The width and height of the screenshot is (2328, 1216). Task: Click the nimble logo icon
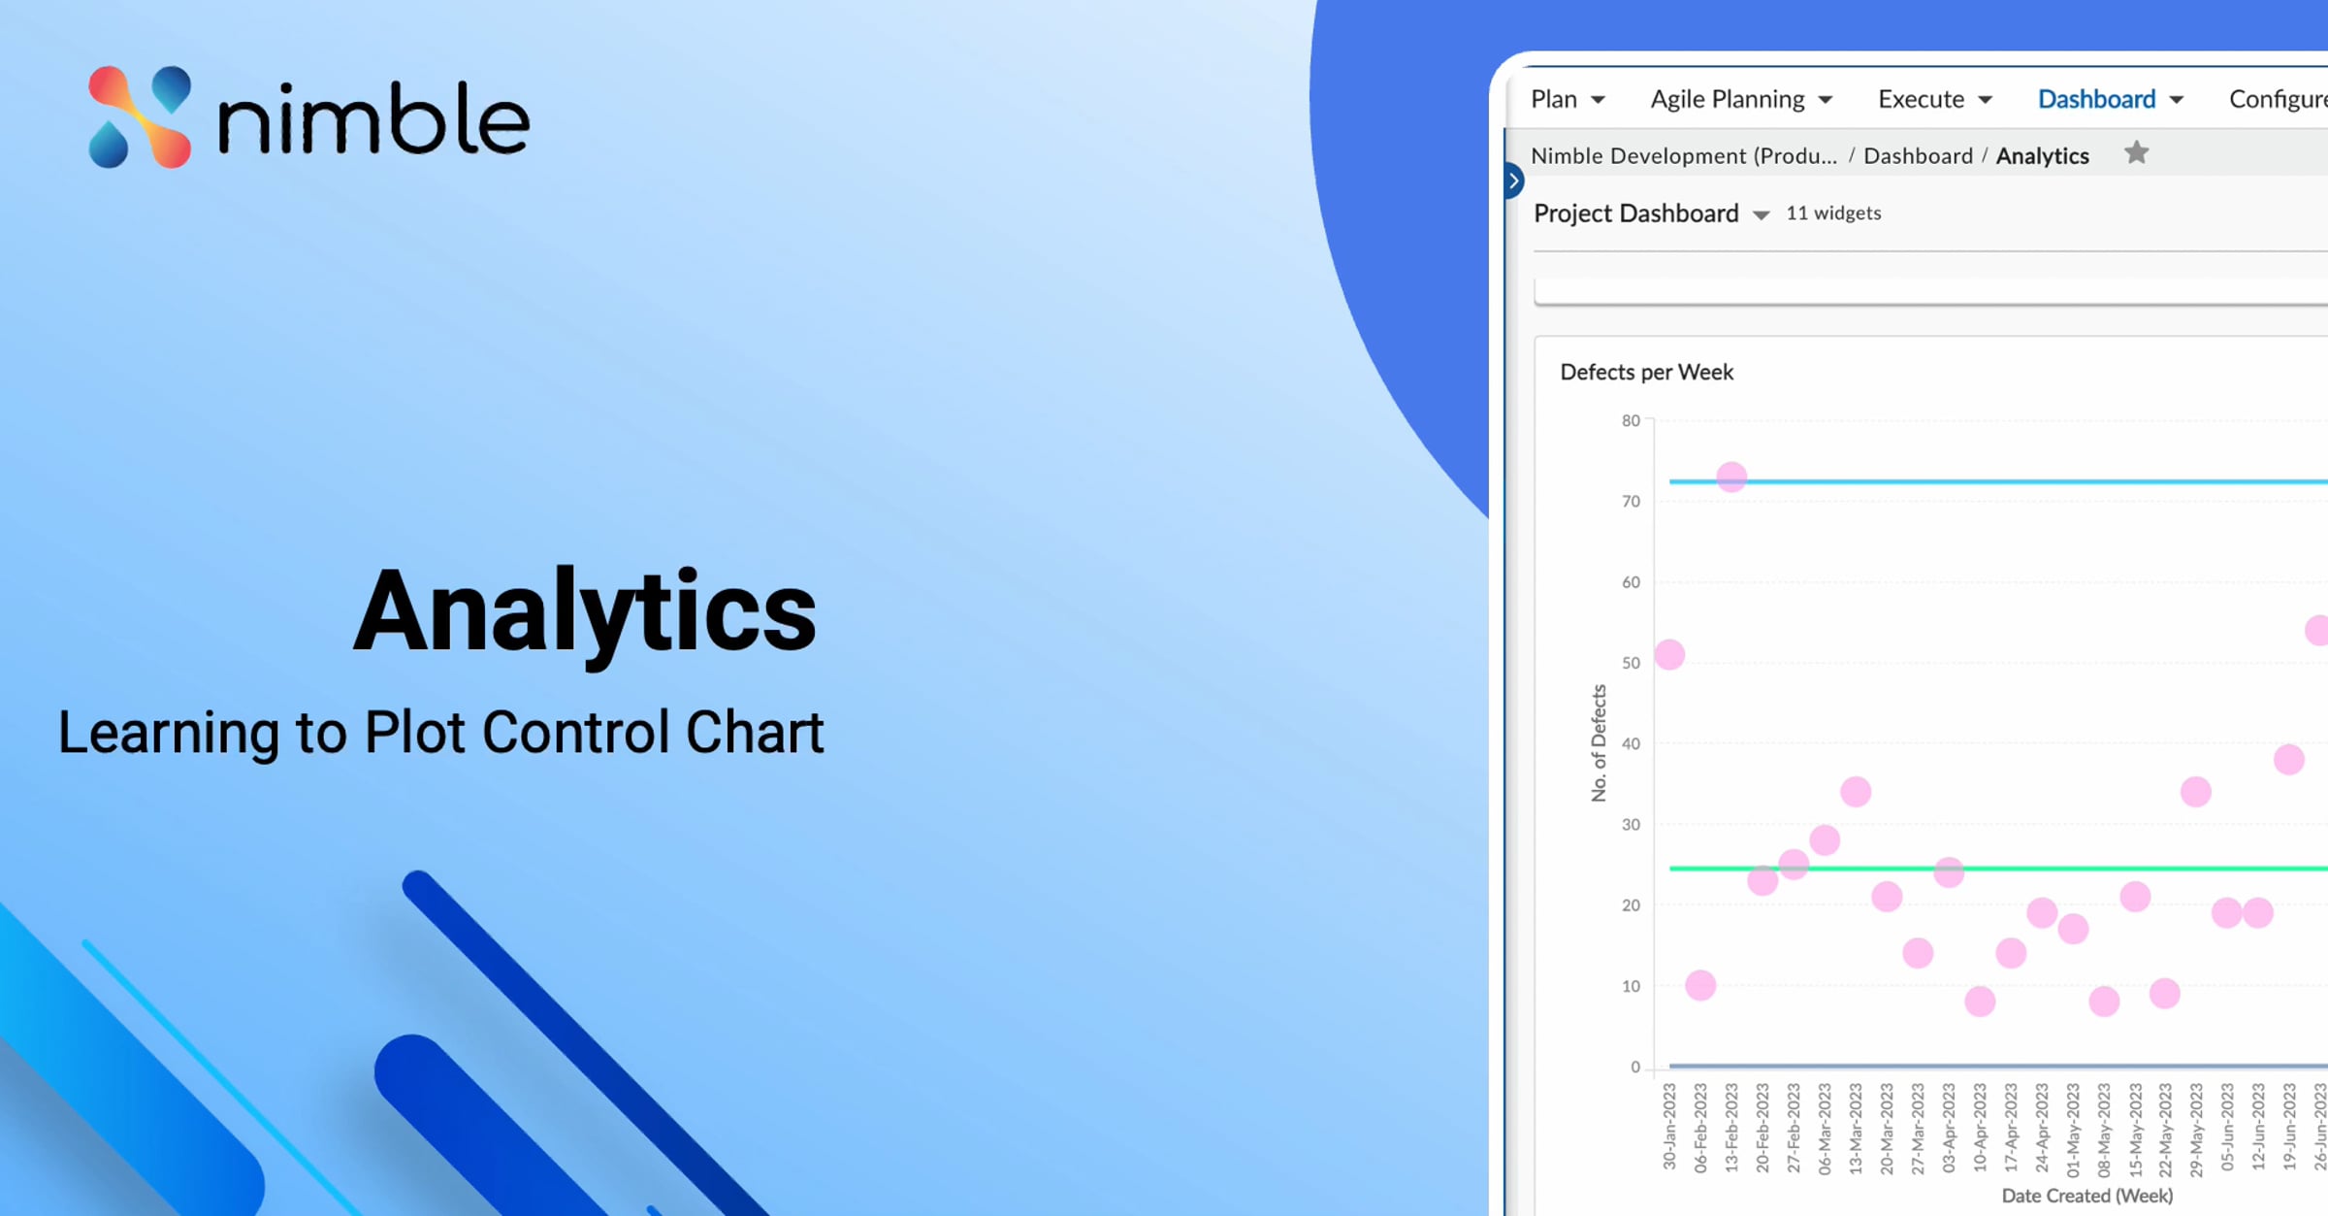140,116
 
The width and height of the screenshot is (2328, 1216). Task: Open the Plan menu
1568,99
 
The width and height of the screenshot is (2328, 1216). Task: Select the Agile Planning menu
1741,99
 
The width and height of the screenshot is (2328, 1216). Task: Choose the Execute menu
1934,99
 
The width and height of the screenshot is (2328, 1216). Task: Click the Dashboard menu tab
2110,99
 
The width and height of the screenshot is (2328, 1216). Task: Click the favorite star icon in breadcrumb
2136,153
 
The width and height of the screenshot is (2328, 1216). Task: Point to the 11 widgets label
1833,214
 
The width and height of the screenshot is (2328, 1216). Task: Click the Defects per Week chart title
1646,372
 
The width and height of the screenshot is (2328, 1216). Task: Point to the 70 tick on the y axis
1631,502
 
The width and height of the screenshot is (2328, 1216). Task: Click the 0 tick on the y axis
1635,1067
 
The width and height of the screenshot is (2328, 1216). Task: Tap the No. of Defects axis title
1599,743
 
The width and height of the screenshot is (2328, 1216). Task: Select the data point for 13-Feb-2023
1731,477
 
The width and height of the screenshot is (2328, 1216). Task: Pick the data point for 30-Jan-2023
1669,655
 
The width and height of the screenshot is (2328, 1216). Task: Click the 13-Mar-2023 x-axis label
1856,1129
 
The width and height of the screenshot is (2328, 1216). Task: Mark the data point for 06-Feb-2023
1700,986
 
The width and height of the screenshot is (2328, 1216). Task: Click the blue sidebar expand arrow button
1513,181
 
